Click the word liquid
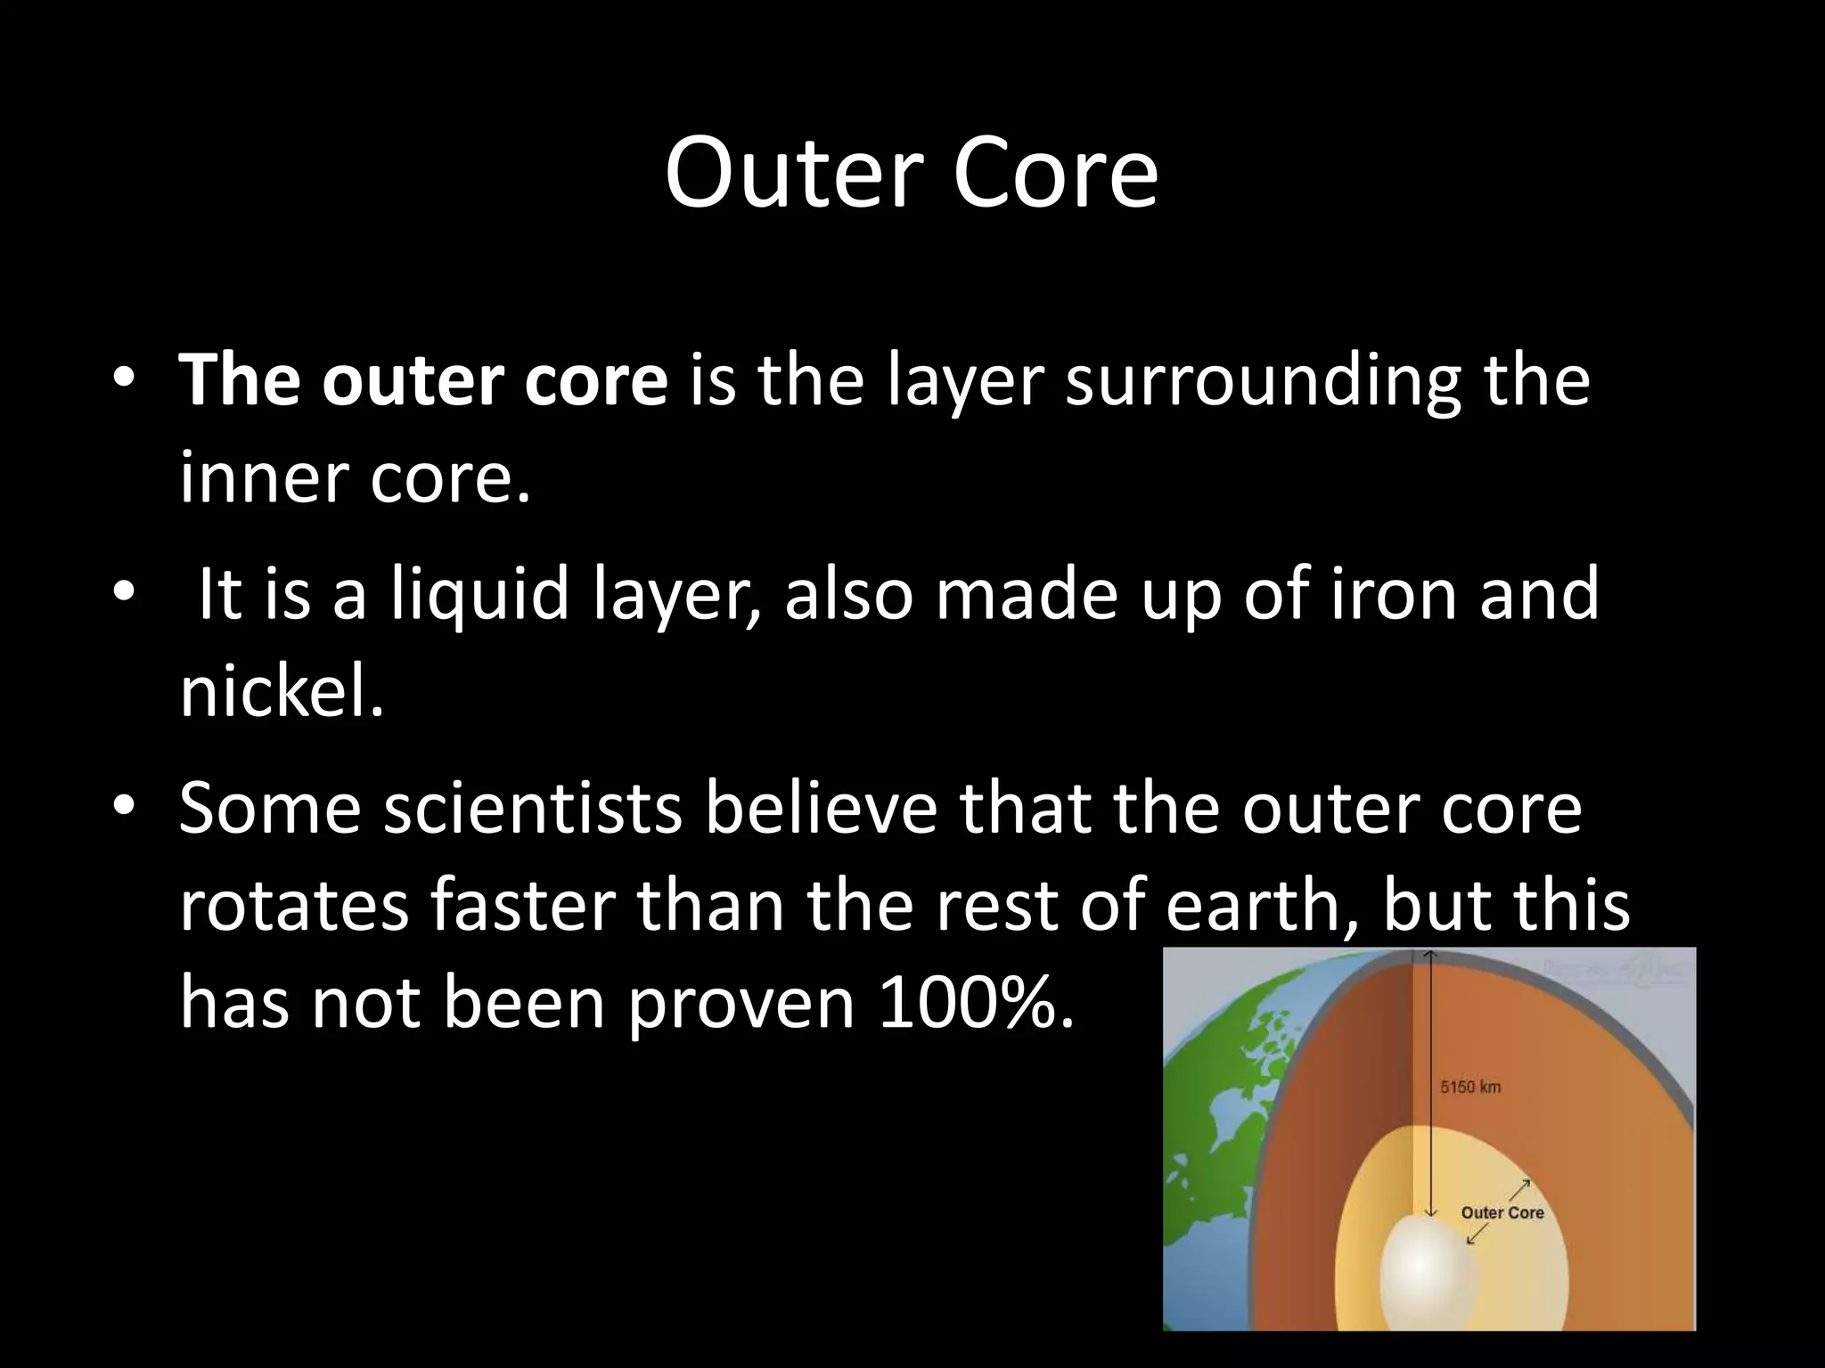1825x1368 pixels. [479, 594]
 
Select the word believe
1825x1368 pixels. [821, 809]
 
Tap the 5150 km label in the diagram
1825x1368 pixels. [1470, 1087]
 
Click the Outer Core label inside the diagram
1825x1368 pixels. [1502, 1212]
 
